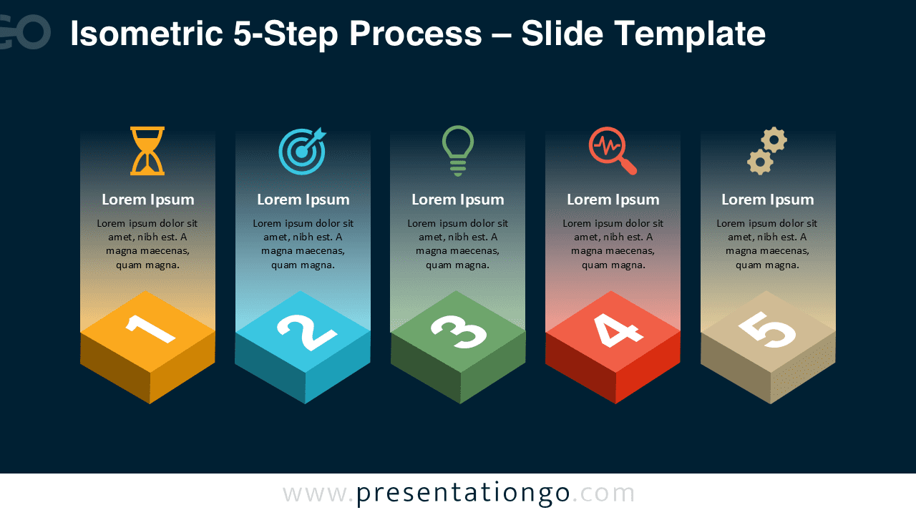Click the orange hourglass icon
tap(147, 151)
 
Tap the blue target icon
tap(302, 151)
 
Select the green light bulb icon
tap(458, 150)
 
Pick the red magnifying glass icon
tap(612, 151)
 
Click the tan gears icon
tap(767, 151)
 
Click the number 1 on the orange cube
tap(150, 329)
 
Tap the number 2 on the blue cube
tap(306, 330)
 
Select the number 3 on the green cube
tap(459, 330)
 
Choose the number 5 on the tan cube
tap(767, 330)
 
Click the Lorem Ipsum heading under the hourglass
tap(147, 200)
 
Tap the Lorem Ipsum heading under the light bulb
tap(458, 200)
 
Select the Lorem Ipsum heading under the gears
tap(767, 200)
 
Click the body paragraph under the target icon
tap(303, 244)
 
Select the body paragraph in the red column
tap(613, 244)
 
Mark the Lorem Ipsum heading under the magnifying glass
tap(613, 200)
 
